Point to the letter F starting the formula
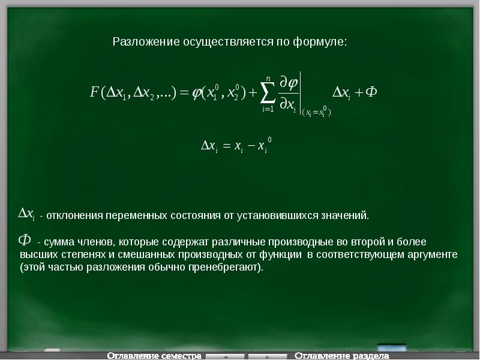(x=94, y=92)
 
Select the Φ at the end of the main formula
(x=371, y=92)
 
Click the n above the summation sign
(x=269, y=77)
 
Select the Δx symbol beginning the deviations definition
(x=26, y=213)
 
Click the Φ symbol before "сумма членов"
(x=25, y=241)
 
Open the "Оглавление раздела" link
(x=337, y=356)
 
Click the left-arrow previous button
(x=225, y=356)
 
